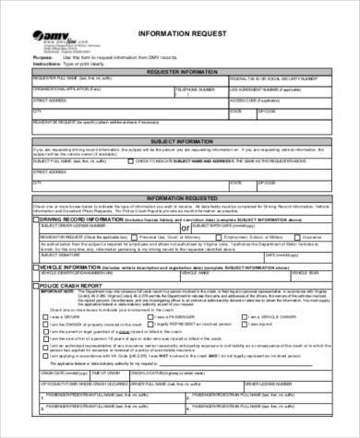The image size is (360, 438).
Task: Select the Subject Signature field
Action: click(102, 255)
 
